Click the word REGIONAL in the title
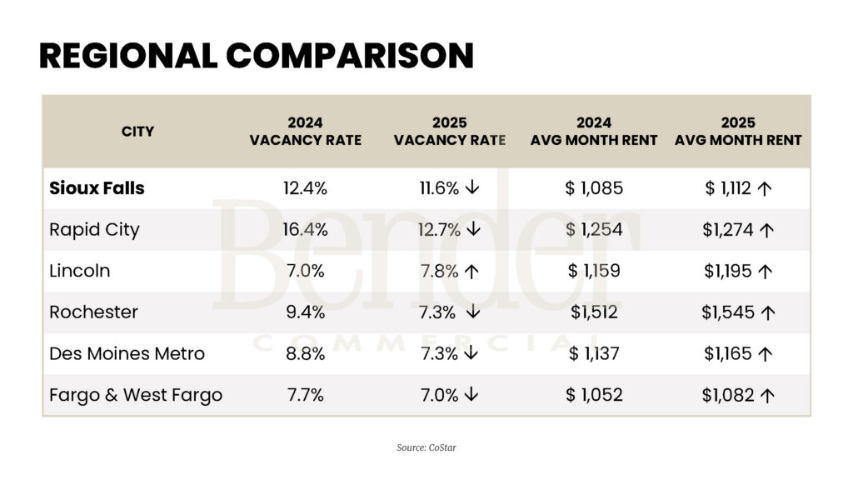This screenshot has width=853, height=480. (x=123, y=56)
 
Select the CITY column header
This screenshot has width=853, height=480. (x=137, y=131)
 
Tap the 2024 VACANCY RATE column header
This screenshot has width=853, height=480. (x=305, y=131)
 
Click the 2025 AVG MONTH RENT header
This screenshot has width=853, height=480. (x=738, y=131)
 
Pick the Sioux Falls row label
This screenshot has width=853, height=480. (x=97, y=188)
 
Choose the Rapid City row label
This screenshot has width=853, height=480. (x=94, y=229)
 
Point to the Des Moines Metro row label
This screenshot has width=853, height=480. (x=127, y=353)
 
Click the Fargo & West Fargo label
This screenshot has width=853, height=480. (x=136, y=395)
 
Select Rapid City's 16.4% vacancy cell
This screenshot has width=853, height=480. (x=305, y=229)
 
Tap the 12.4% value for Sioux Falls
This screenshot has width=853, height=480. (x=305, y=188)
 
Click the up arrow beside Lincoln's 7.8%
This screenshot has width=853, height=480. (x=472, y=271)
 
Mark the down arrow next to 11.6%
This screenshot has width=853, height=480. (x=472, y=188)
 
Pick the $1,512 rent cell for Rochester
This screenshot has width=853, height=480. (x=594, y=312)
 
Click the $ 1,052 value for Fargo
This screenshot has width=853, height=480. (x=594, y=395)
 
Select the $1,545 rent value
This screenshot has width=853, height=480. (x=728, y=312)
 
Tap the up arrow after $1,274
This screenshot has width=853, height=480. (x=766, y=230)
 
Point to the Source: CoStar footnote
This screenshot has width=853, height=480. (x=426, y=447)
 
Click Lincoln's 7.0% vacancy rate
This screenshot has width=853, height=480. (x=305, y=271)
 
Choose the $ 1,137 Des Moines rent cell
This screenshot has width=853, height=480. (x=594, y=353)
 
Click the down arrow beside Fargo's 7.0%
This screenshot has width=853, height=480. (x=472, y=395)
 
